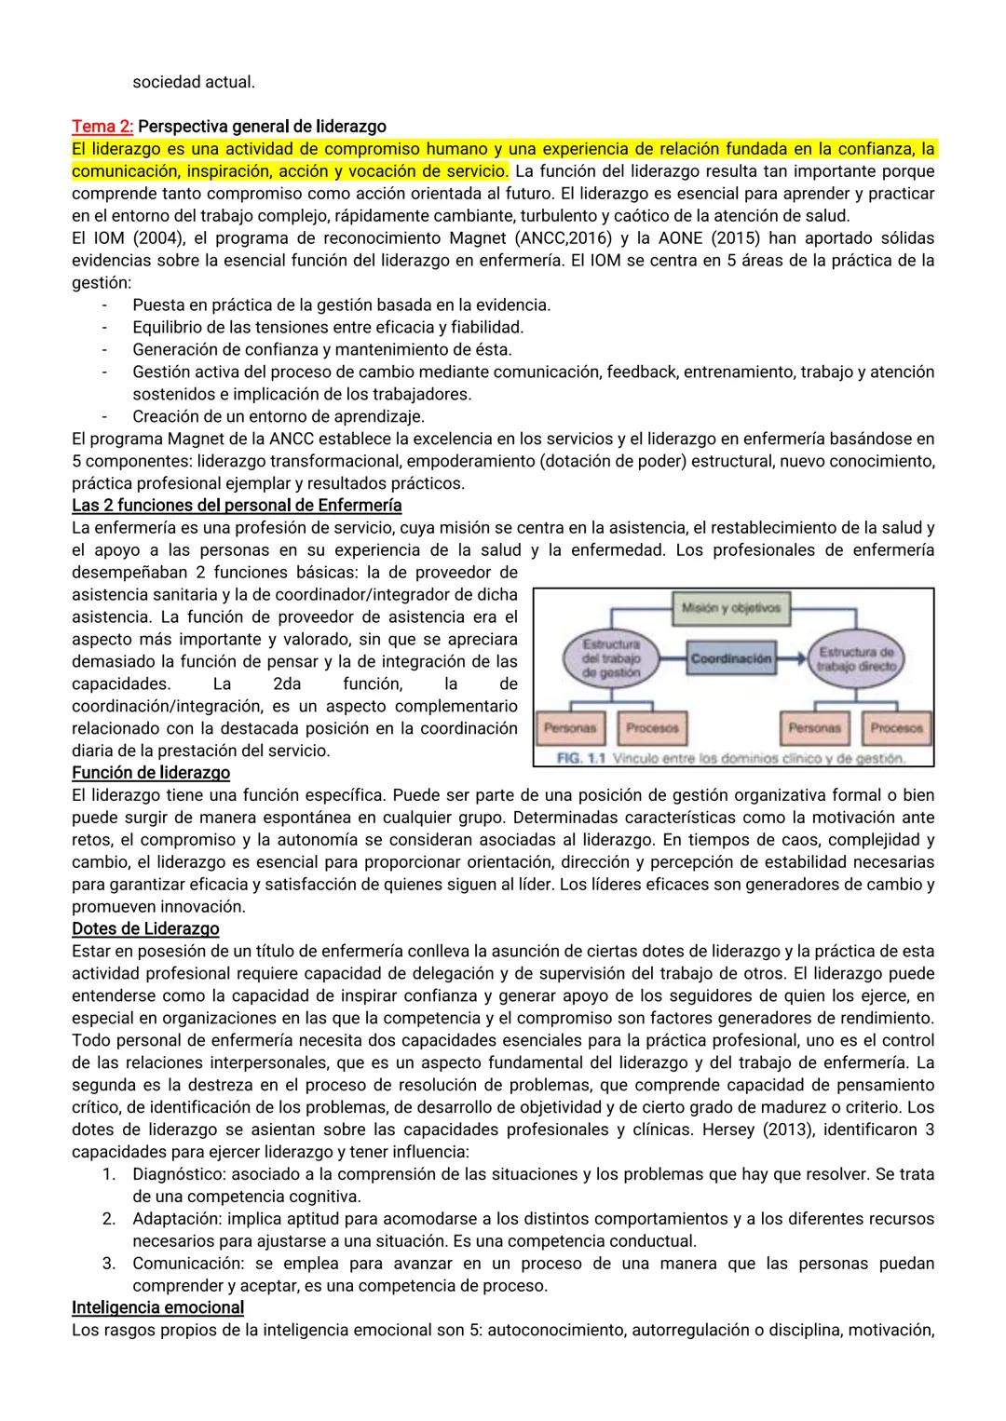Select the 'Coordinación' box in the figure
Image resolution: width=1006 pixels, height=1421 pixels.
pyautogui.click(x=731, y=658)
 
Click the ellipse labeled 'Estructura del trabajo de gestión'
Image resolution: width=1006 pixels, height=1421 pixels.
pyautogui.click(x=612, y=657)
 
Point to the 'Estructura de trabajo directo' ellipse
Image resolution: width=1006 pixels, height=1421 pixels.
pyautogui.click(x=855, y=658)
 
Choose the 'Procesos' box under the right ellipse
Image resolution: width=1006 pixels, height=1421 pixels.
pyautogui.click(x=896, y=727)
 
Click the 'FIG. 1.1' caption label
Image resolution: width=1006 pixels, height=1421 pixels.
pyautogui.click(x=580, y=758)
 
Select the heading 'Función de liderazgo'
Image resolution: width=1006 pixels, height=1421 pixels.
pyautogui.click(x=151, y=773)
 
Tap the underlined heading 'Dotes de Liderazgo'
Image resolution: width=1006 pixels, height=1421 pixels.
pyautogui.click(x=145, y=928)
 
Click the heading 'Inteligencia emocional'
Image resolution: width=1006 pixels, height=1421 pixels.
pyautogui.click(x=157, y=1307)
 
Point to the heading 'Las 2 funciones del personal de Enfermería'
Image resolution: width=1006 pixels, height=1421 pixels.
pyautogui.click(x=237, y=506)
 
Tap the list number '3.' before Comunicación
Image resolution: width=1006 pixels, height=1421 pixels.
pyautogui.click(x=109, y=1264)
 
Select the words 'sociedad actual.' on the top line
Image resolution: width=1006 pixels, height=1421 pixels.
pyautogui.click(x=194, y=82)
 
